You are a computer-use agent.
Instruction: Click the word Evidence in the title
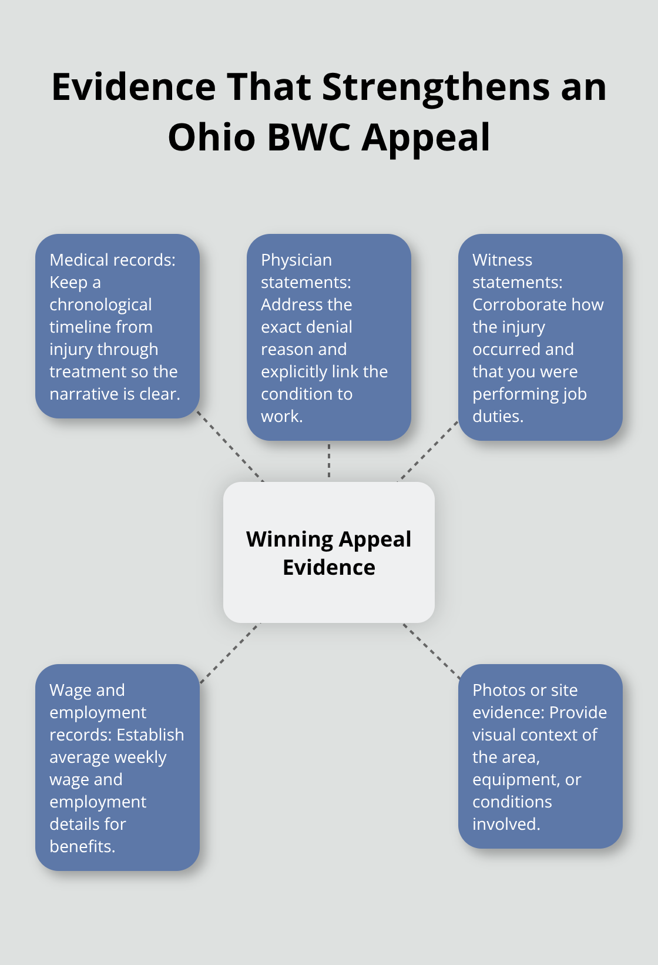(x=134, y=87)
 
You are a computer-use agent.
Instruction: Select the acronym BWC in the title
(x=309, y=138)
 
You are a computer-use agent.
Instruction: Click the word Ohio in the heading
(x=211, y=138)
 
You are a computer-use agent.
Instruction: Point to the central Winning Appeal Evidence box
(x=329, y=552)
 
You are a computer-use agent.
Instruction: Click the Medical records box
(x=117, y=326)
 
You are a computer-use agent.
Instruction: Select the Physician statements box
(x=329, y=337)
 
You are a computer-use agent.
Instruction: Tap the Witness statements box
(x=540, y=337)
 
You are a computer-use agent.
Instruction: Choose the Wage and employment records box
(x=117, y=768)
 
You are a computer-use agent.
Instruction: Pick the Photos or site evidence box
(x=540, y=756)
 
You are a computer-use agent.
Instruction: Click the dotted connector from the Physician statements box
(x=329, y=461)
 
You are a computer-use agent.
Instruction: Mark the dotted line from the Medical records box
(x=230, y=447)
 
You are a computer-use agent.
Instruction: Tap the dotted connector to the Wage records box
(x=230, y=652)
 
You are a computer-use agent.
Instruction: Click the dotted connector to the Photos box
(x=432, y=651)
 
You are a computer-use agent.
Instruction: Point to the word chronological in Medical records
(x=100, y=304)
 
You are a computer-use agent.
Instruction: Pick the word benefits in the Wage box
(x=82, y=846)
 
